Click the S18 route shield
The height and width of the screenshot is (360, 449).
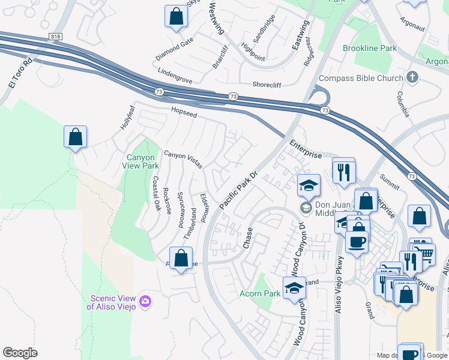pos(56,37)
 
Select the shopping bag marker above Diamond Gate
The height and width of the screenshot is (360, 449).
pos(176,17)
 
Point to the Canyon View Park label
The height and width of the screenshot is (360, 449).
pos(142,161)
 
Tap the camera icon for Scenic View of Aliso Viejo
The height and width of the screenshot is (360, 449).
pos(145,300)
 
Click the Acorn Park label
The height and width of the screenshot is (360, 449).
pos(260,293)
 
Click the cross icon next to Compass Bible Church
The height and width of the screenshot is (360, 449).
pos(412,77)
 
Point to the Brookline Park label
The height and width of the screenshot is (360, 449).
pos(370,48)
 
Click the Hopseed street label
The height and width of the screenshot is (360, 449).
pos(184,112)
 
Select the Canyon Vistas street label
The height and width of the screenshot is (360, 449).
pos(183,159)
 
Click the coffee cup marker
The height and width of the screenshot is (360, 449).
pos(357,242)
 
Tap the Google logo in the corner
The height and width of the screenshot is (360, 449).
pos(20,353)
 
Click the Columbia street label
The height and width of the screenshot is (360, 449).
pos(403,104)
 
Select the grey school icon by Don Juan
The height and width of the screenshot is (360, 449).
pos(306,208)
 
